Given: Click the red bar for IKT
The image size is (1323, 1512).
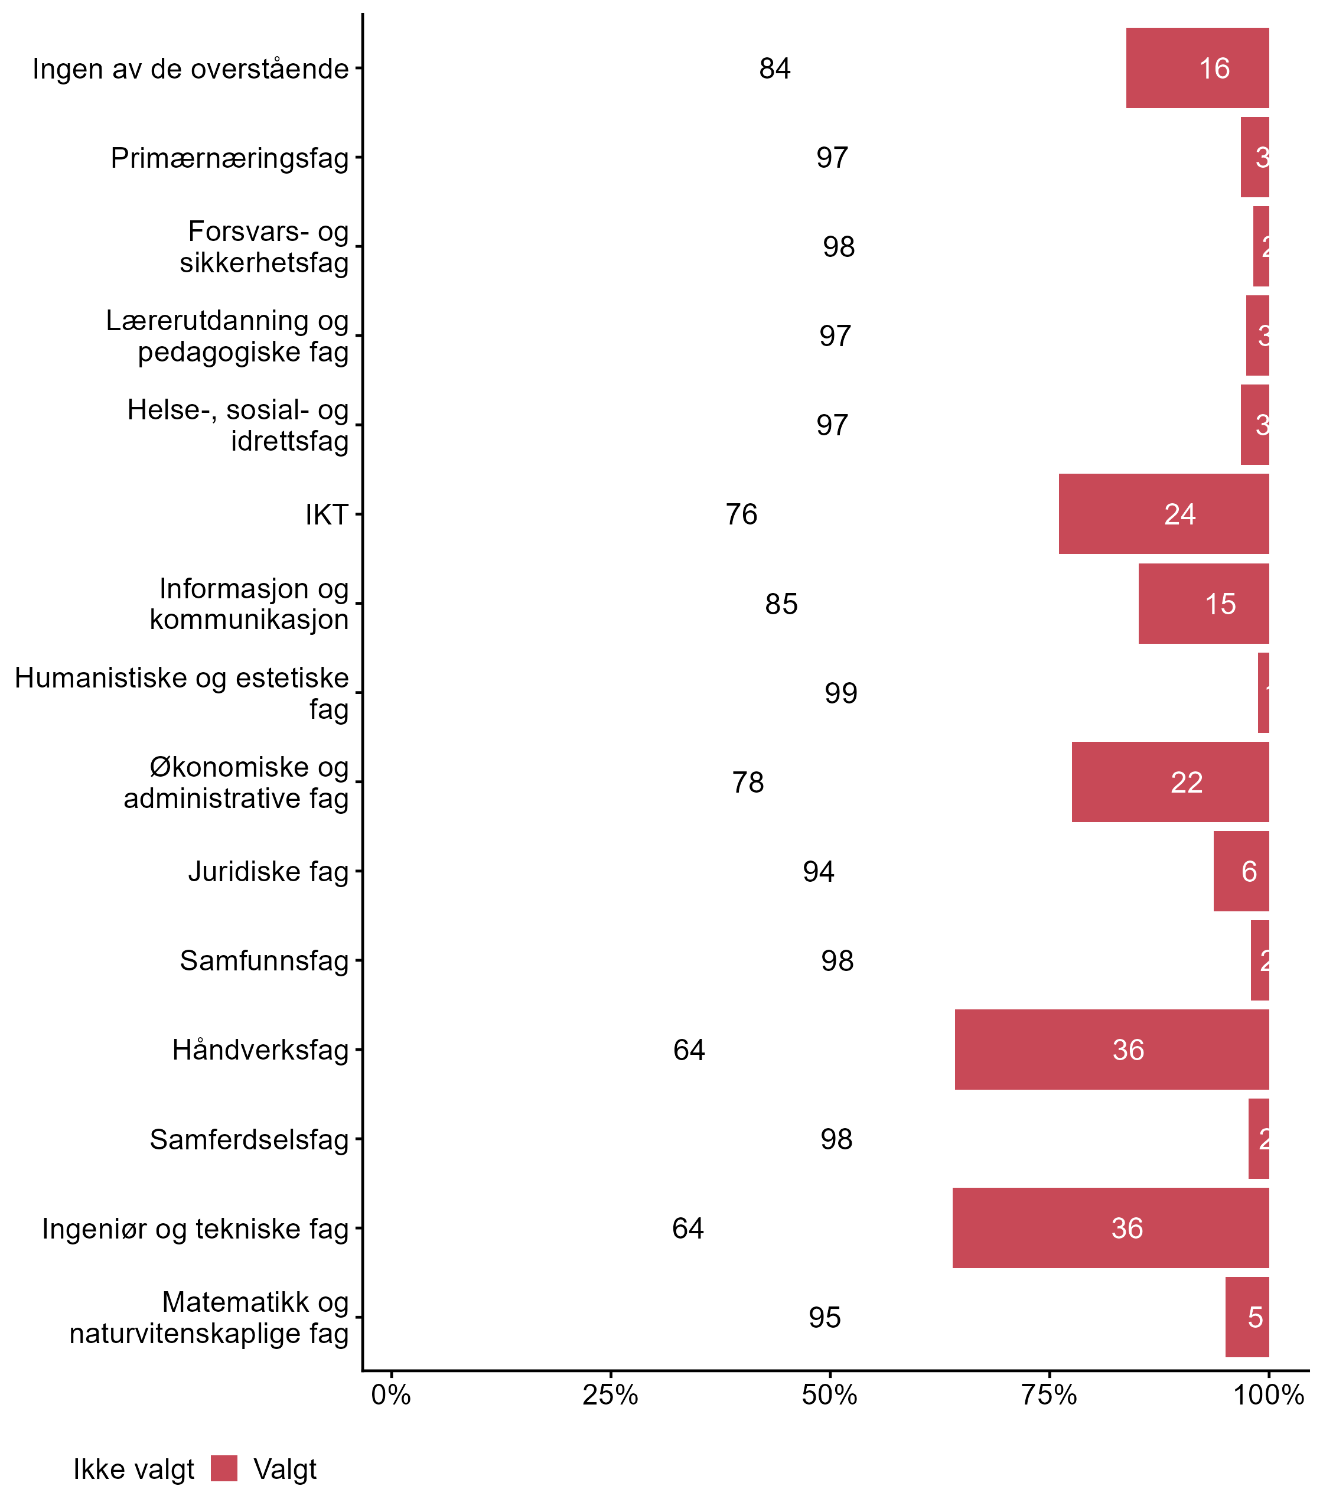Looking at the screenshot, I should click(x=1164, y=514).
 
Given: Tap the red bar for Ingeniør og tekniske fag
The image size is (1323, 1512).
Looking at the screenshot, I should click(x=1110, y=1228).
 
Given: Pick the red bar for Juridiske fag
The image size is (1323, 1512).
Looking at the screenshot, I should click(x=1241, y=871).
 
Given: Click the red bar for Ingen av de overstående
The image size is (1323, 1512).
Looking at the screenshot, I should click(x=1198, y=68).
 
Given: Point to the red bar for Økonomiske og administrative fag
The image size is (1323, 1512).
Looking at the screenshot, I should click(x=1170, y=782).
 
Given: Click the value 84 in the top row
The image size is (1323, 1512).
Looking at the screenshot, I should click(x=774, y=69).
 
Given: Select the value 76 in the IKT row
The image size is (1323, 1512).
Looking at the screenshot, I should click(x=741, y=514).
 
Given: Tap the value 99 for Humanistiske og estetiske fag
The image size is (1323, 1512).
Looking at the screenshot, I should click(x=841, y=693).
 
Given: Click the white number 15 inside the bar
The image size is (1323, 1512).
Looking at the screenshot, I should click(x=1220, y=604).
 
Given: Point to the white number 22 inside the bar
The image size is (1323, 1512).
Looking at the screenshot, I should click(x=1187, y=783).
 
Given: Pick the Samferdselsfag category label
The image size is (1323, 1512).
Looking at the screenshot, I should click(x=249, y=1139).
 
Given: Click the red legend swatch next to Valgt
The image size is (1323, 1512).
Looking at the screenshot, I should click(x=224, y=1468).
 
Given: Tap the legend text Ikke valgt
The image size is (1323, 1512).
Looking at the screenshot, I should click(x=133, y=1469).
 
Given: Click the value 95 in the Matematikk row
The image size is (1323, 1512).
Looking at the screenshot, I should click(x=825, y=1317).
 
